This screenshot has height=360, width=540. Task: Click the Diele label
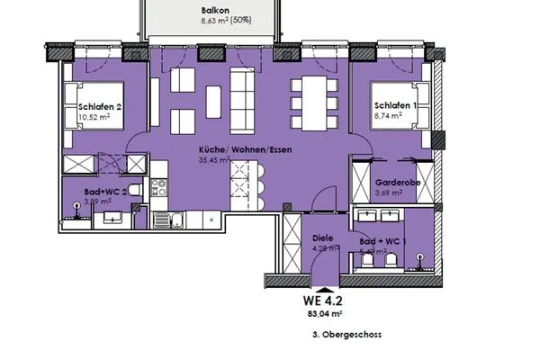pos(321,238)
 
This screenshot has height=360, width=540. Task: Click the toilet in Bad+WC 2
pos(130,190)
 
